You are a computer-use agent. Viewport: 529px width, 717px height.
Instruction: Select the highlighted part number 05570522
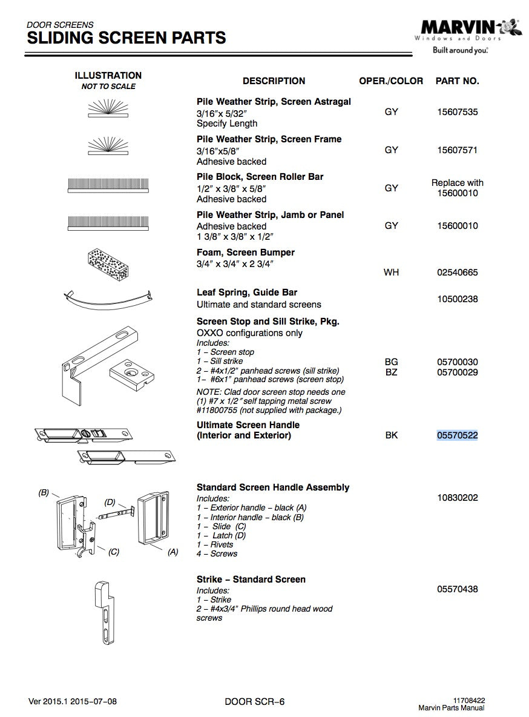click(x=457, y=435)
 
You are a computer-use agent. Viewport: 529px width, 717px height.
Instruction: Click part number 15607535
click(x=457, y=112)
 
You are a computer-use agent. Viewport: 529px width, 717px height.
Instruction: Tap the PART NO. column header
click(x=457, y=81)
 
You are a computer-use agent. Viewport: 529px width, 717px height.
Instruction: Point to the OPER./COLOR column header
click(x=391, y=81)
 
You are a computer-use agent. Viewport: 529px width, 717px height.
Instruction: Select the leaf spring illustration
click(x=107, y=299)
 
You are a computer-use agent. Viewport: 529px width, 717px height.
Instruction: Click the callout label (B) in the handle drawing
click(x=44, y=493)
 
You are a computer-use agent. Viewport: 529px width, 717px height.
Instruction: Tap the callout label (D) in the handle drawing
click(x=110, y=502)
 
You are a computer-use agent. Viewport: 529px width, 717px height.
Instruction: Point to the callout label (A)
click(x=172, y=552)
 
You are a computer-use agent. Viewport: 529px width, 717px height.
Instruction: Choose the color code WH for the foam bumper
click(x=391, y=273)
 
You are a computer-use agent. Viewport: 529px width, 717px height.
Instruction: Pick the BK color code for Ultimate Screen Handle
click(x=391, y=435)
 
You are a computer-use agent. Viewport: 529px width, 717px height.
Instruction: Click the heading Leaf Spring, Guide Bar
click(x=247, y=292)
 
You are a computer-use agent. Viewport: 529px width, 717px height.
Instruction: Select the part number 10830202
click(x=457, y=498)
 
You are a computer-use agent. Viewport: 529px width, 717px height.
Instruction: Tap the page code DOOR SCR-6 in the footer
click(x=254, y=702)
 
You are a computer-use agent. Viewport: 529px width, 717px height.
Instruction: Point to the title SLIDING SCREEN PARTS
click(x=126, y=38)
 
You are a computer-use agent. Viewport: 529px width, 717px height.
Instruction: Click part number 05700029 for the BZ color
click(x=457, y=372)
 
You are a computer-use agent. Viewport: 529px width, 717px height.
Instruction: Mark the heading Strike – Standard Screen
click(x=251, y=580)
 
